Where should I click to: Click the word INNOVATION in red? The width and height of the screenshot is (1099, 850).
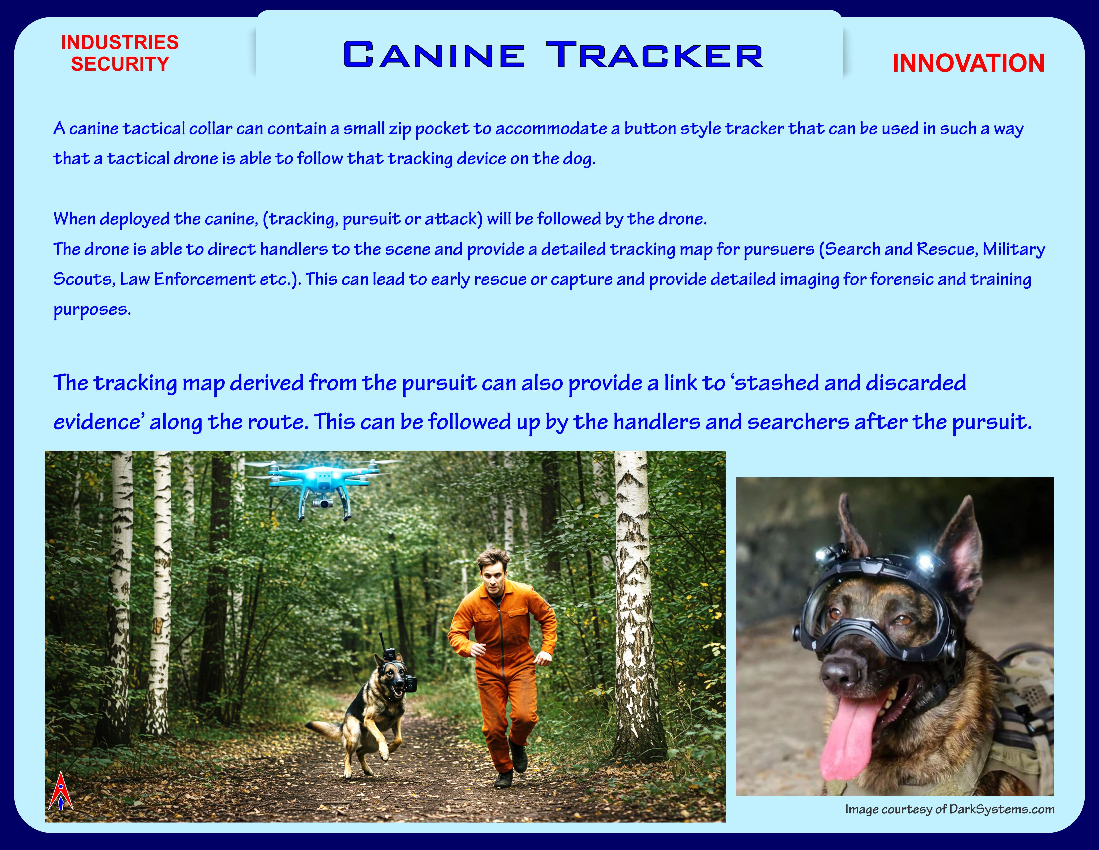tap(968, 63)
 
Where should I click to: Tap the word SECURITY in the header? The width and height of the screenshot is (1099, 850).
tap(120, 64)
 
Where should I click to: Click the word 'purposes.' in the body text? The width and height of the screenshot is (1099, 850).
tap(92, 310)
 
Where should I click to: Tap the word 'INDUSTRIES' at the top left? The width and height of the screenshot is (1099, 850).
tap(120, 42)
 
